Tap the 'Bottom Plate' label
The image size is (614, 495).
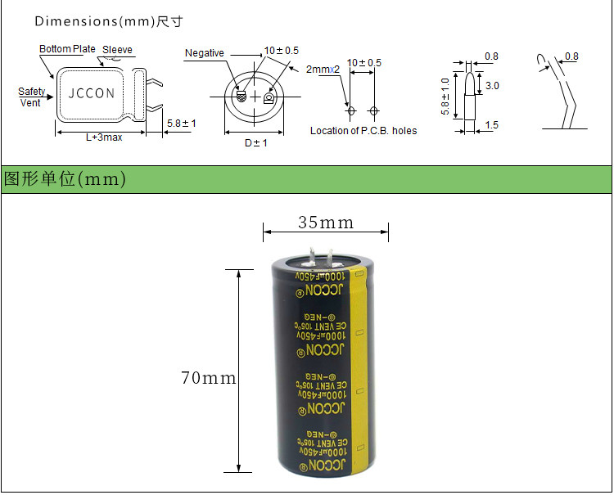click(67, 50)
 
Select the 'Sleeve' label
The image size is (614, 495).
click(117, 50)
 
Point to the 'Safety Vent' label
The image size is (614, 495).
click(31, 97)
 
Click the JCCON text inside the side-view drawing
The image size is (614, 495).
click(91, 93)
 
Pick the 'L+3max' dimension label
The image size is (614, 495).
click(104, 137)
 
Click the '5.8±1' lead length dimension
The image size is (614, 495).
click(181, 124)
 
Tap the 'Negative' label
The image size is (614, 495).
click(204, 53)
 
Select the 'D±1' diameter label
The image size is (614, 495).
click(256, 143)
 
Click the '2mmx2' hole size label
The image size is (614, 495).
click(323, 70)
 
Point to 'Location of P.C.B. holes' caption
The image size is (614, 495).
click(363, 131)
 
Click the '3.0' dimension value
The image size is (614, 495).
click(492, 85)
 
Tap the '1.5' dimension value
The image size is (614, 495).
click(491, 125)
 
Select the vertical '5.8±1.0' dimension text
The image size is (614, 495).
click(445, 97)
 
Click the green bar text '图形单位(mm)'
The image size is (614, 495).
click(65, 179)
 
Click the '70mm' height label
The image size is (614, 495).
click(208, 378)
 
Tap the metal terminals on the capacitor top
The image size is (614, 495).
click(321, 255)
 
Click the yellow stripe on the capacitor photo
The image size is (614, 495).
click(359, 368)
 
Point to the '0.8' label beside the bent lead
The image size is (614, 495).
click(571, 56)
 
